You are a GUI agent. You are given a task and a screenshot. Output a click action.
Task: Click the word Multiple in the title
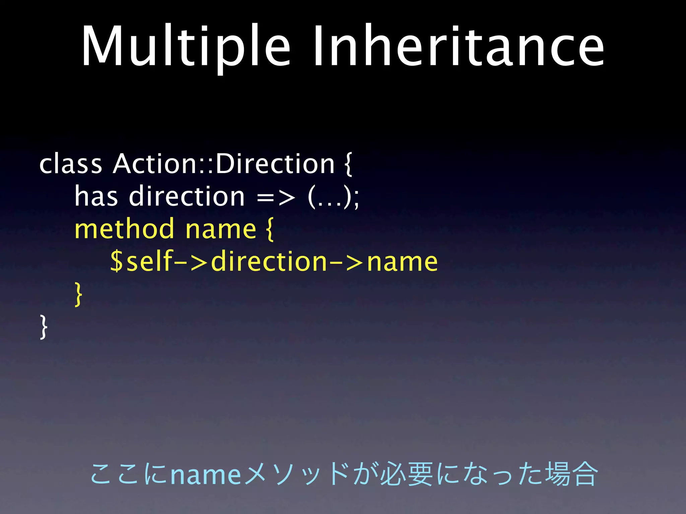coord(186,47)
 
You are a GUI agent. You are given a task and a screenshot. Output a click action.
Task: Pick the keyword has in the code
coord(96,196)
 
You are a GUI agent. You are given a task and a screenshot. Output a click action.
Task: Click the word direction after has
coord(187,196)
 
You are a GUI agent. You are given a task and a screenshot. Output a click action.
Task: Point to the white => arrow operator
coord(276,198)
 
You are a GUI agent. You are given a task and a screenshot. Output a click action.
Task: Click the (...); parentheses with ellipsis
coord(333,197)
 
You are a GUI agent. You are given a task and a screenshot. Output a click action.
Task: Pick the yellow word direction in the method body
coord(269,261)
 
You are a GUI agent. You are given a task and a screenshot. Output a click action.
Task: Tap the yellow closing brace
coord(78,294)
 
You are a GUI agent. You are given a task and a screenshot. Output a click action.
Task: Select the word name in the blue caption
coord(205,474)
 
